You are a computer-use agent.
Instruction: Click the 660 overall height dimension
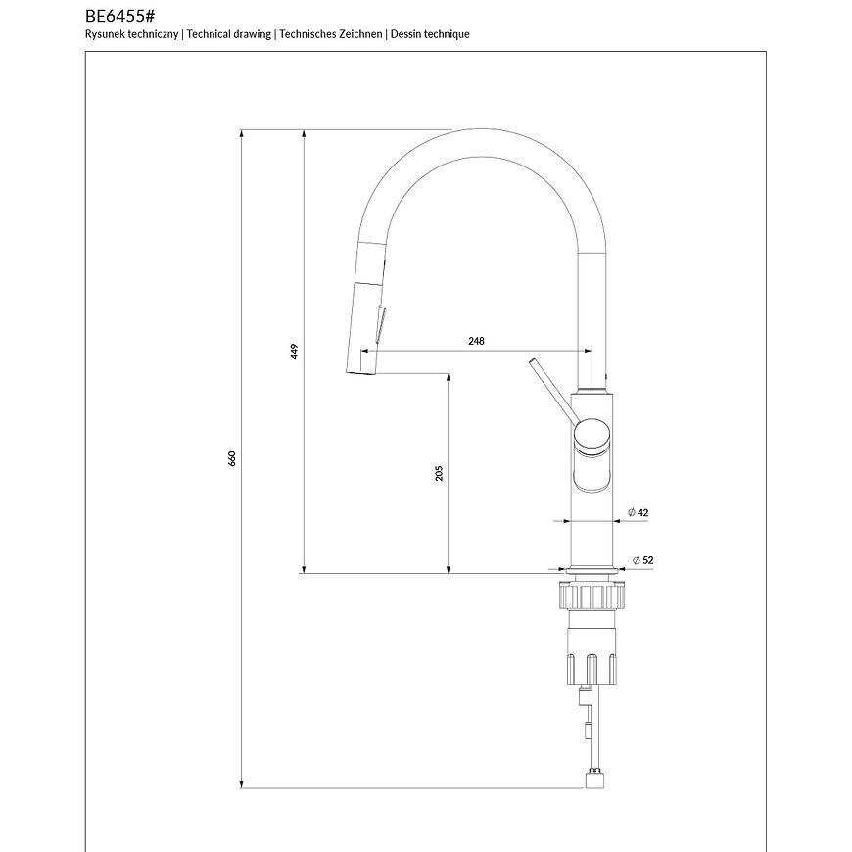233,458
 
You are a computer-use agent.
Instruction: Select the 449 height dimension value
294,351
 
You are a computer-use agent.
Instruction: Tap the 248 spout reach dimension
476,341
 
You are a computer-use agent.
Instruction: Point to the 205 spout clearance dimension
440,473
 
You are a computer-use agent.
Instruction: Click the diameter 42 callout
639,512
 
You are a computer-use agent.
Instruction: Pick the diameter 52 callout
643,560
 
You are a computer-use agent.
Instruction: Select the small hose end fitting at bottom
593,781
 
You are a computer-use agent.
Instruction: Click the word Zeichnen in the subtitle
361,34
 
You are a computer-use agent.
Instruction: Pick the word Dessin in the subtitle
407,34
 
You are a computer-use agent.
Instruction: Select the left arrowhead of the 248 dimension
381,350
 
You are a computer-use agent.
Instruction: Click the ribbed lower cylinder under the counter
592,666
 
